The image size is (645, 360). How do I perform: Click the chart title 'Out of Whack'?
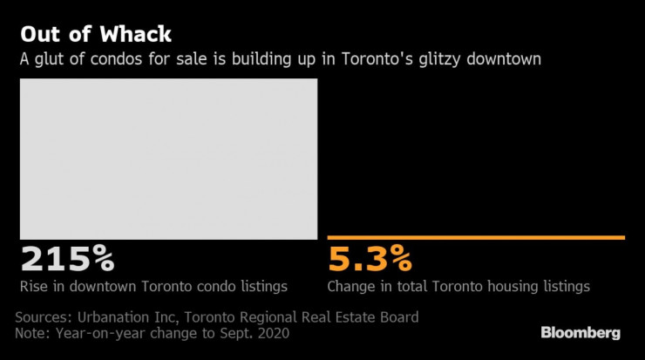pos(96,35)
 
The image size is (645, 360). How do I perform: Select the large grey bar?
pos(168,159)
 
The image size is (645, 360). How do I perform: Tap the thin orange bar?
pos(476,237)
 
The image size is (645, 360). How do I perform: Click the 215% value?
pos(67,260)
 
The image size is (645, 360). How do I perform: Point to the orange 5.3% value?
pos(369,260)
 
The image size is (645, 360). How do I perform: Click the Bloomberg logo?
pos(580,332)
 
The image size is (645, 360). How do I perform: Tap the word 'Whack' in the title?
pos(134,35)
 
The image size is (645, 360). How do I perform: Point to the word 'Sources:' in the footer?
pos(44,316)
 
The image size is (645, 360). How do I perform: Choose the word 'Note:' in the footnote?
pos(35,333)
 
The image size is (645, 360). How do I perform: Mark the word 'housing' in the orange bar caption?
pos(507,286)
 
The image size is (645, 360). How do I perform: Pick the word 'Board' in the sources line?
pos(397,316)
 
